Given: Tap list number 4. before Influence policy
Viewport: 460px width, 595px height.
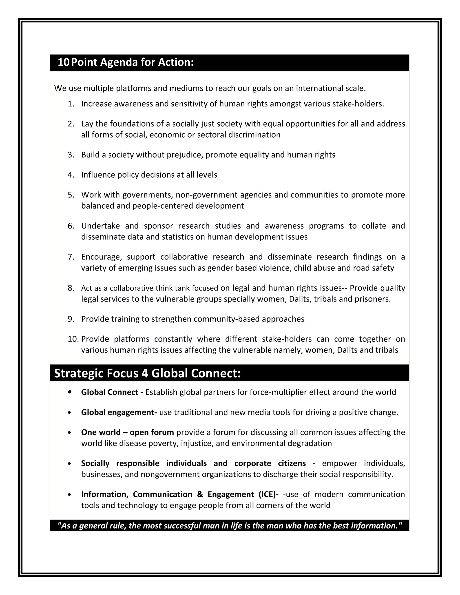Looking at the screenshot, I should (71, 175).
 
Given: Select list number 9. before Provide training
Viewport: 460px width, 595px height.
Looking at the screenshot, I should (71, 319).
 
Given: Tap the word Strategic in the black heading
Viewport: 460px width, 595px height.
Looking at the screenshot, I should (79, 373).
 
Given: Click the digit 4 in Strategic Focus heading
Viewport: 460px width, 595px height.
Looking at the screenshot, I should (144, 373).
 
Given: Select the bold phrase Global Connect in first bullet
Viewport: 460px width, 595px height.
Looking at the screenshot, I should (110, 392).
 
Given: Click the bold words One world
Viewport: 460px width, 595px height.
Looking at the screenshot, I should (101, 432).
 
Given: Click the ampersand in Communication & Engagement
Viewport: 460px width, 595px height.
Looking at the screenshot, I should (200, 494).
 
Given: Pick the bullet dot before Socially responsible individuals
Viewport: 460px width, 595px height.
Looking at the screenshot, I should (70, 464).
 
